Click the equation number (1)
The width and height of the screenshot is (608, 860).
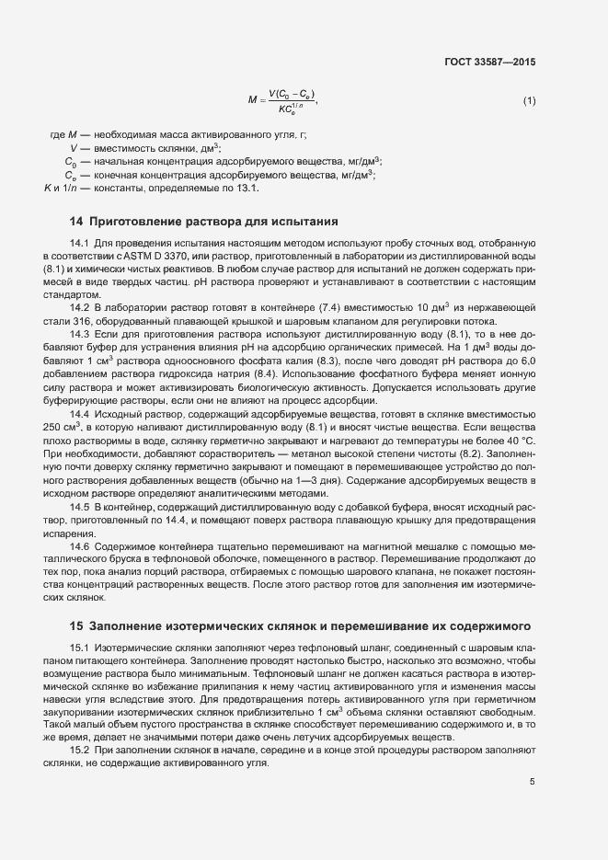click(529, 100)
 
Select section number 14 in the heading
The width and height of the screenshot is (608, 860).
click(76, 222)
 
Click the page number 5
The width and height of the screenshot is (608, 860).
click(533, 782)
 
